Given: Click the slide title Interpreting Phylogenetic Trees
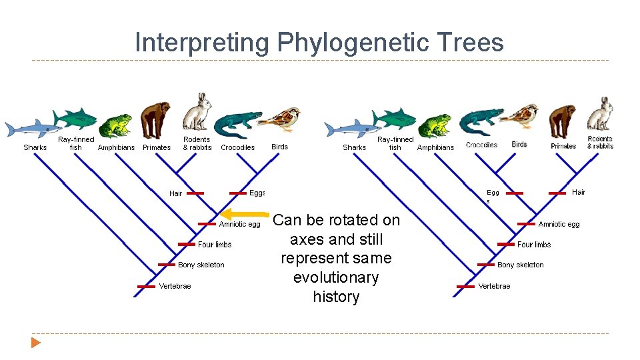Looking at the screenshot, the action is pos(319,42).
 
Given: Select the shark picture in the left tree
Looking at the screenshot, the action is pos(27,127).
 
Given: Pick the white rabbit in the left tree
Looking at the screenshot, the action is pos(197,112).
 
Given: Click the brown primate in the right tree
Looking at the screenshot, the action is pos(561,121).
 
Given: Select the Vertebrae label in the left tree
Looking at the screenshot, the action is pos(175,286).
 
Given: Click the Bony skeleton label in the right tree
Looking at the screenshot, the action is pos(520,265).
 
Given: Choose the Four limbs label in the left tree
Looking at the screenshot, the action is pos(215,245).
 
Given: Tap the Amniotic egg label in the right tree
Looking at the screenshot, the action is pos(559,224).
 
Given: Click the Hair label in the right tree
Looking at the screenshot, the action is pos(579,192).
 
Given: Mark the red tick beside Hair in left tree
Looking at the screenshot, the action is pos(195,193).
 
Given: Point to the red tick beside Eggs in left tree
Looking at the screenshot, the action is pos(238,193).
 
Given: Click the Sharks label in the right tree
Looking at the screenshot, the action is pos(354,147).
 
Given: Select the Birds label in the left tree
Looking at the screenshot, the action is pos(280,147).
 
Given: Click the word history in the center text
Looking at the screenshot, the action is pos(336,297).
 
